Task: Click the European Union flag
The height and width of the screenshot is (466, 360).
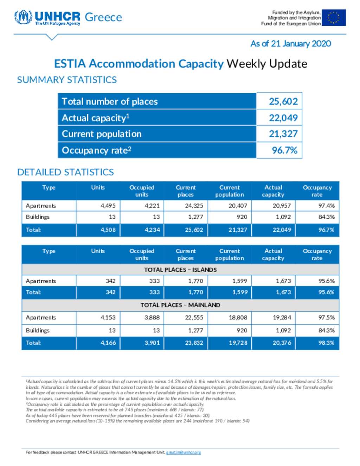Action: [x=333, y=18]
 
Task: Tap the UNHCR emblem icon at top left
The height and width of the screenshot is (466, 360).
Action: [x=23, y=17]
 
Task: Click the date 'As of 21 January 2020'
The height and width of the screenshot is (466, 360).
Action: [x=290, y=44]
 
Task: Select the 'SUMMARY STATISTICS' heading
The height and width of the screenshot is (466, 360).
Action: [x=67, y=80]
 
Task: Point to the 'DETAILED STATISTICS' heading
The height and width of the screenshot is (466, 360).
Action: [x=65, y=172]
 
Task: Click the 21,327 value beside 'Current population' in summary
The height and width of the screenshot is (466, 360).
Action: [x=283, y=134]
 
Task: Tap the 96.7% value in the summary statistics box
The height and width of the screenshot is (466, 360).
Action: [x=284, y=151]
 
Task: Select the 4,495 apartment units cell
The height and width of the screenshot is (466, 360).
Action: [x=108, y=206]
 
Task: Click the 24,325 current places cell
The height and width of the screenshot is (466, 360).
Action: [x=194, y=206]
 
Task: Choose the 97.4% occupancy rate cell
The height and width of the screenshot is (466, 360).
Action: [x=326, y=206]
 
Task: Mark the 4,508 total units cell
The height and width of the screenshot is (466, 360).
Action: [x=108, y=230]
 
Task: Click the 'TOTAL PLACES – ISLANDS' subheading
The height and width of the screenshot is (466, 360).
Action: [x=180, y=270]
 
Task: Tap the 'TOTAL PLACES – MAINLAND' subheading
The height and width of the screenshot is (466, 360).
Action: [x=180, y=305]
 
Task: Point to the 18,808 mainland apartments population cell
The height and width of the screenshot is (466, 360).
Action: [x=238, y=318]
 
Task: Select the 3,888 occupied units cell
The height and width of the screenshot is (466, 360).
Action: [x=152, y=318]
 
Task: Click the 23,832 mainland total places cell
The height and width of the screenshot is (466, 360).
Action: [x=194, y=343]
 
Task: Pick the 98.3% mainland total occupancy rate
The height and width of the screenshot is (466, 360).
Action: [x=326, y=343]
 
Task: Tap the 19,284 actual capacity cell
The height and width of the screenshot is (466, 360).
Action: [x=282, y=318]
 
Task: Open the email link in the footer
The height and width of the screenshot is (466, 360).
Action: [x=183, y=452]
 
